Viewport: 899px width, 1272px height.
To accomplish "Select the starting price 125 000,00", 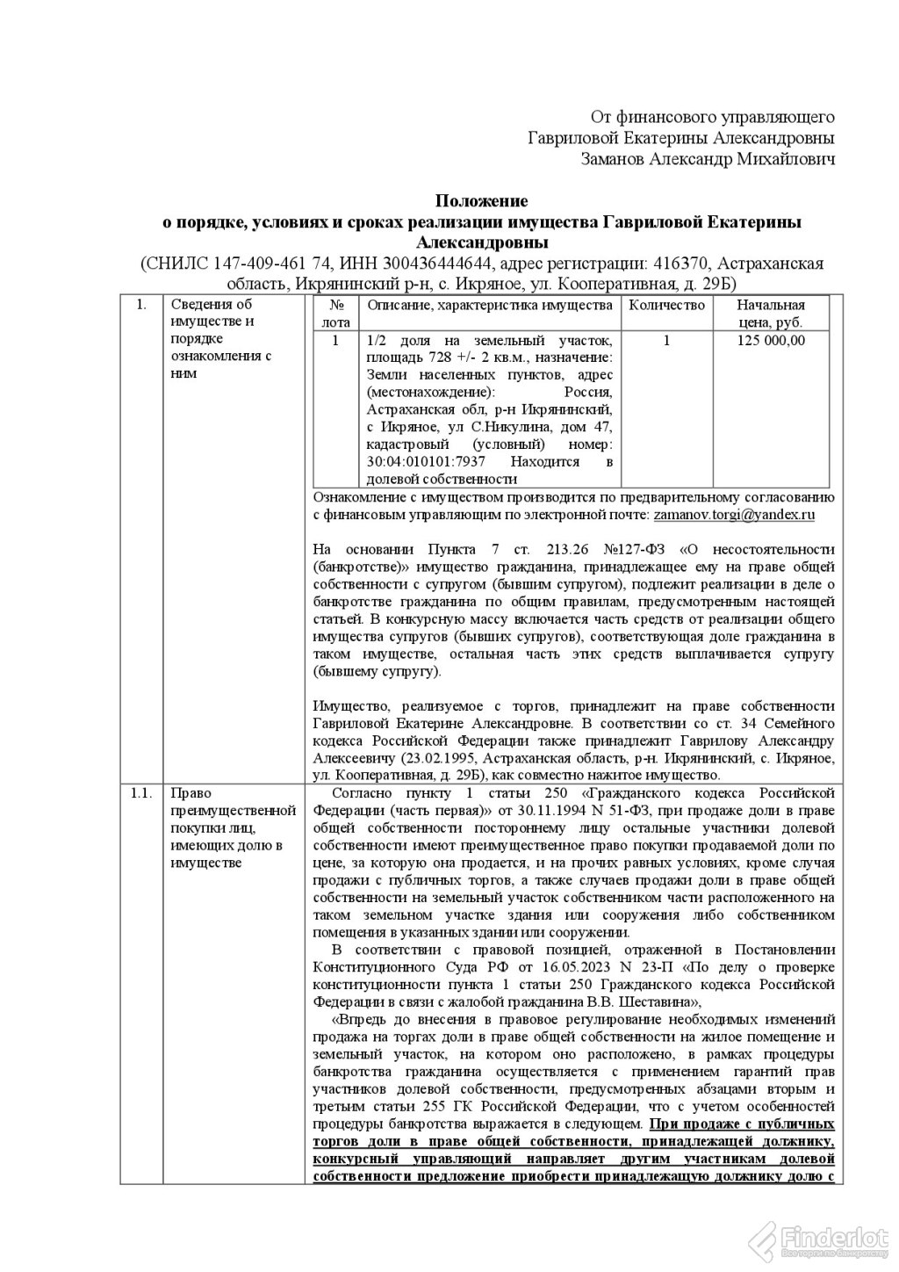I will click(x=771, y=341).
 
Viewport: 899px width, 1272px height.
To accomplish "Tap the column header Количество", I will click(x=667, y=306).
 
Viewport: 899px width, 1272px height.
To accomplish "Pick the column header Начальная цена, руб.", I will click(x=771, y=314).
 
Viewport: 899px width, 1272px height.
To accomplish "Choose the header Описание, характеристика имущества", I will click(x=490, y=306).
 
